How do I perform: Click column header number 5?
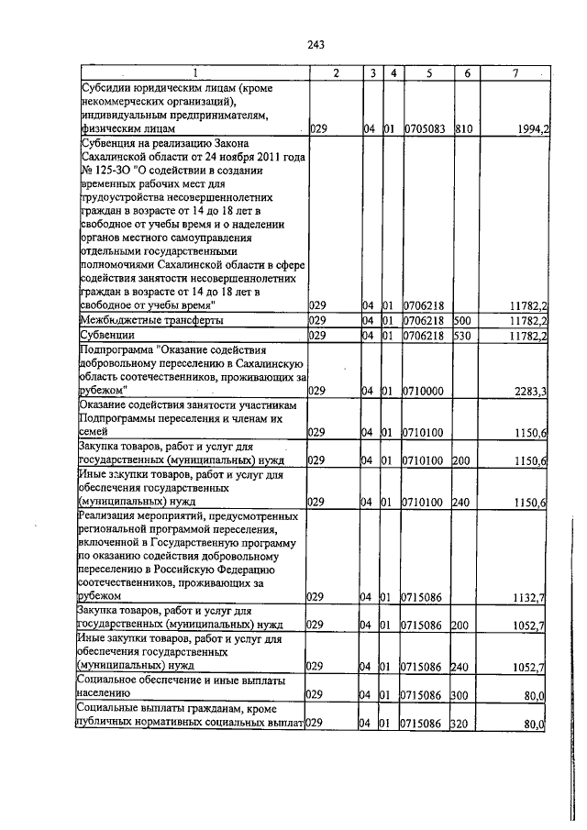coord(427,72)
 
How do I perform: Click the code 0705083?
coord(426,130)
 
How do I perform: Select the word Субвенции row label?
coord(106,336)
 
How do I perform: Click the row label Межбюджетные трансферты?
coord(152,320)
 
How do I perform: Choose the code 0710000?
coord(424,391)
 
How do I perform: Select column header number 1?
coord(194,72)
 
